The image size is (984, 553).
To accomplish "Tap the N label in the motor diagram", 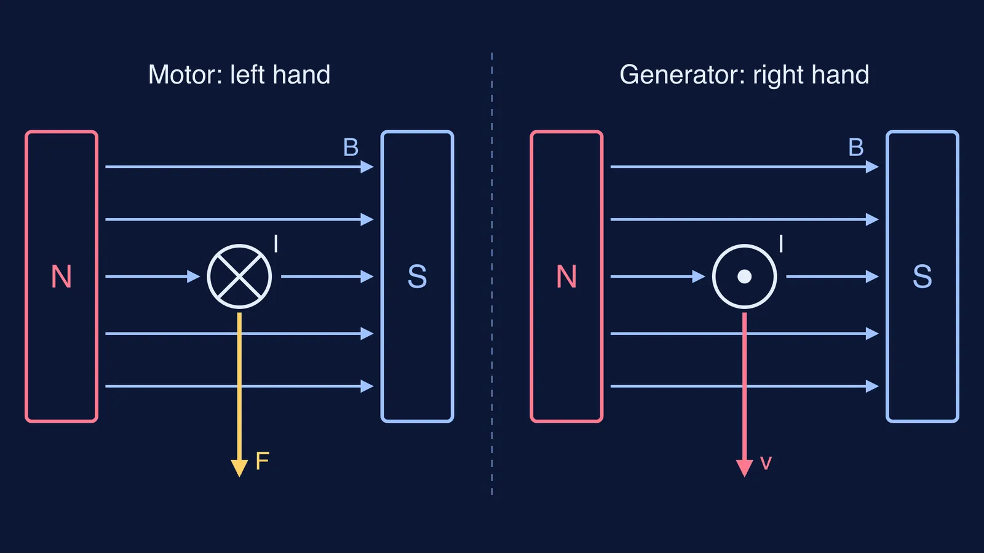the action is (x=61, y=277).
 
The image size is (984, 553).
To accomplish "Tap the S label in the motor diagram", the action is (x=418, y=277).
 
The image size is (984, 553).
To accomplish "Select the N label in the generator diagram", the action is (x=566, y=277).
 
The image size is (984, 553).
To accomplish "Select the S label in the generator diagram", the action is (x=922, y=277).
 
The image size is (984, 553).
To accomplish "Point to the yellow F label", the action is (x=262, y=461).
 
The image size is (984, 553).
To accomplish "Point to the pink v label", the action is (x=766, y=463).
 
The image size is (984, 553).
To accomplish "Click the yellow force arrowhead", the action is (x=239, y=468).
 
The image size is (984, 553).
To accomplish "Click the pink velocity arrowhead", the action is (x=745, y=468).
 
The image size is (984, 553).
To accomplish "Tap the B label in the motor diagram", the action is (x=351, y=147).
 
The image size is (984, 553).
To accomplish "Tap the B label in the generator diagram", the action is (x=856, y=147).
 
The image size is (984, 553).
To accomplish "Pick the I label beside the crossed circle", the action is (x=276, y=243).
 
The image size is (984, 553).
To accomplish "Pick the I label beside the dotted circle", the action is (x=781, y=243).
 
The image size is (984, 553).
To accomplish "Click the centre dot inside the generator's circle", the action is (x=745, y=276).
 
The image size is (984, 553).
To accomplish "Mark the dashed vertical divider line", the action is (x=492, y=274).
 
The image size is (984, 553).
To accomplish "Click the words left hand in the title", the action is (x=280, y=74).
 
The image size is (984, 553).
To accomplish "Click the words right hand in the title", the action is (x=811, y=74).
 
